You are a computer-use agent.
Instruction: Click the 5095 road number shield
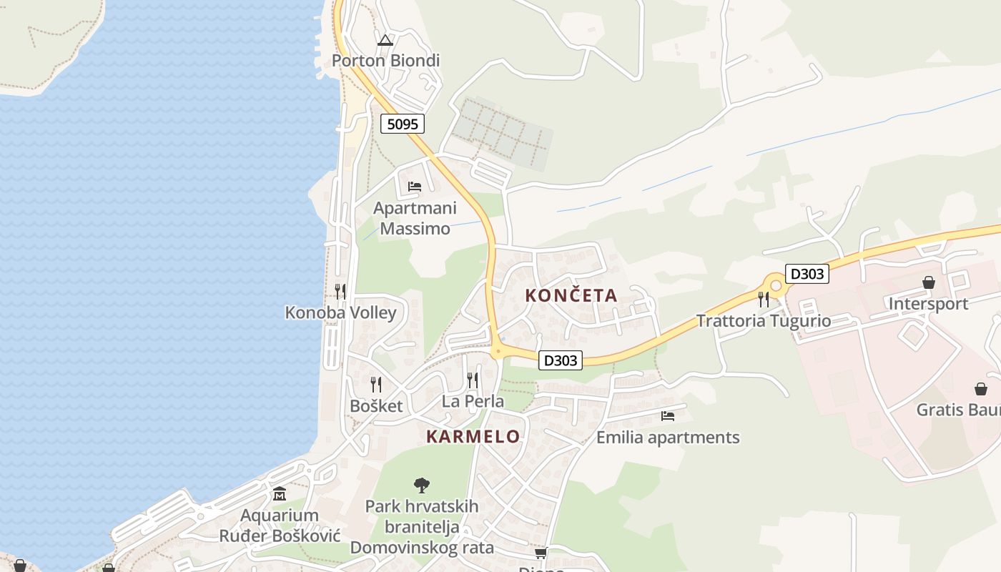(x=402, y=124)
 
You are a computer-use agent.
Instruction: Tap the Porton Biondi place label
(x=385, y=61)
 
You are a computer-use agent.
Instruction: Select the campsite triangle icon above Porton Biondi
(x=385, y=41)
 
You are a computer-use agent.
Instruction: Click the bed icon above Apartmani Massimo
(x=414, y=187)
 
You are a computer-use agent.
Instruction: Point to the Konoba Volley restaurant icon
(x=340, y=292)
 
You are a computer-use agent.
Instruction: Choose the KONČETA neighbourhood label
(x=571, y=295)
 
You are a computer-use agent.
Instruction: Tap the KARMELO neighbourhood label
(x=473, y=437)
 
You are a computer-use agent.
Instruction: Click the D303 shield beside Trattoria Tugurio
(x=807, y=273)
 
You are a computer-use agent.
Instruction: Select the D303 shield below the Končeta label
(x=560, y=360)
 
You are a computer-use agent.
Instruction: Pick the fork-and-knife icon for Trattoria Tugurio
(x=764, y=299)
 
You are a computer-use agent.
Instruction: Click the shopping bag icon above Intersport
(x=929, y=283)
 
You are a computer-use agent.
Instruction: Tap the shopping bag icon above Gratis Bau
(x=981, y=389)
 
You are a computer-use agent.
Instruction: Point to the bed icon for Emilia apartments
(x=668, y=415)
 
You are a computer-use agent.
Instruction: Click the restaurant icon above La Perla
(x=473, y=380)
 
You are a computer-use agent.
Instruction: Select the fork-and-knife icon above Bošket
(x=376, y=385)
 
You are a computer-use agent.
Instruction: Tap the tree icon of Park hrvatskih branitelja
(x=422, y=485)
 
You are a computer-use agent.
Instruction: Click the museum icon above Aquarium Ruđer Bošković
(x=280, y=494)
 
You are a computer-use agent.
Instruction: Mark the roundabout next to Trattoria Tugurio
(x=774, y=285)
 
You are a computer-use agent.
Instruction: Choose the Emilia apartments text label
(x=668, y=437)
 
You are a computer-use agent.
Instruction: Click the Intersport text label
(x=928, y=304)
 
